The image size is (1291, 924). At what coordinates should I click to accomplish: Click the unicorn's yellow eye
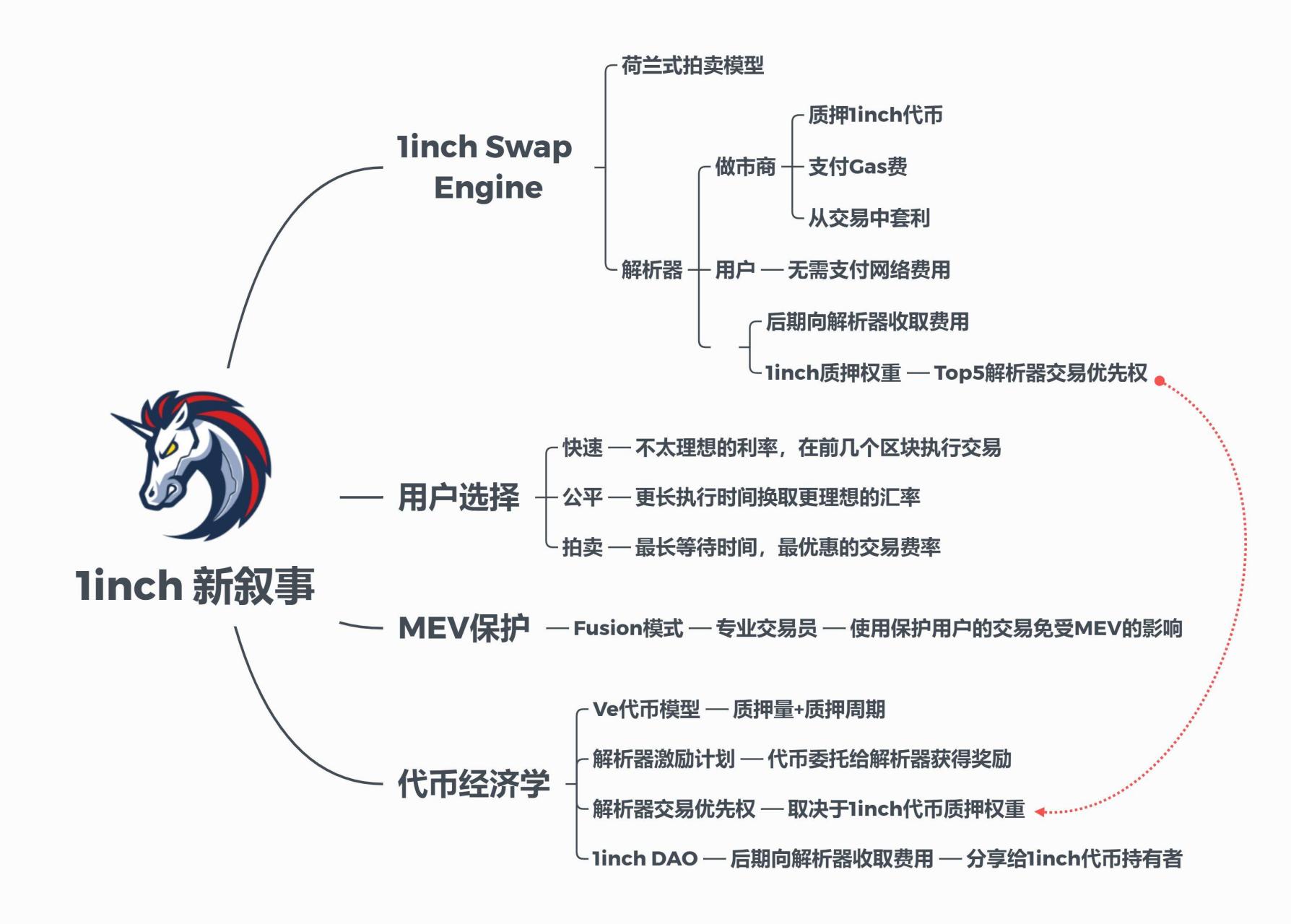coord(170,448)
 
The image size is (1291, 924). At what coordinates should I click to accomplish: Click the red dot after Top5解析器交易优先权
coord(1160,380)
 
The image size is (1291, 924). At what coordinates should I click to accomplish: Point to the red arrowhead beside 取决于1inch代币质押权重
coord(1040,811)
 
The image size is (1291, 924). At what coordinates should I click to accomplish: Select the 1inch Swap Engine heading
coord(485,167)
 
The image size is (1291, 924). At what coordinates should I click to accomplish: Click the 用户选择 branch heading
coord(458,497)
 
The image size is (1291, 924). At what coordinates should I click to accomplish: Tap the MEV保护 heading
coord(464,628)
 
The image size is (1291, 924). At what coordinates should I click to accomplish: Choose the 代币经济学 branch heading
coord(474,784)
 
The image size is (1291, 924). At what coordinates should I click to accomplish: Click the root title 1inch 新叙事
coord(195,585)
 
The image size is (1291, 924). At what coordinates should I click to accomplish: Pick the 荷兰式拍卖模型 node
coord(692,66)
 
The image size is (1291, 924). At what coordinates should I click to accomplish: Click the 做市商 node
coord(745,167)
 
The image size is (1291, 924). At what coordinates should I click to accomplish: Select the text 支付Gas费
coord(857,167)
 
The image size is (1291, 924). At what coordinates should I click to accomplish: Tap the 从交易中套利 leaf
coord(869,218)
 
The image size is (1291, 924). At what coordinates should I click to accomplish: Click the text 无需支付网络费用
coord(869,270)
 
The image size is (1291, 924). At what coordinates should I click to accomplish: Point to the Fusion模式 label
coord(628,628)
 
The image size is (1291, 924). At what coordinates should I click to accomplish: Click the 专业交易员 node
coord(766,628)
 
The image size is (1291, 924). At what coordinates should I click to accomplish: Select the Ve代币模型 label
coord(646,710)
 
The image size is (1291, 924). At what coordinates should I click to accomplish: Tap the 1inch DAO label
coord(645,858)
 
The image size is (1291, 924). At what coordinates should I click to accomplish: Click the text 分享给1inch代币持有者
coord(1074,858)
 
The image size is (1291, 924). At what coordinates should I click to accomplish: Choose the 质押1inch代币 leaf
coord(875,115)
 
